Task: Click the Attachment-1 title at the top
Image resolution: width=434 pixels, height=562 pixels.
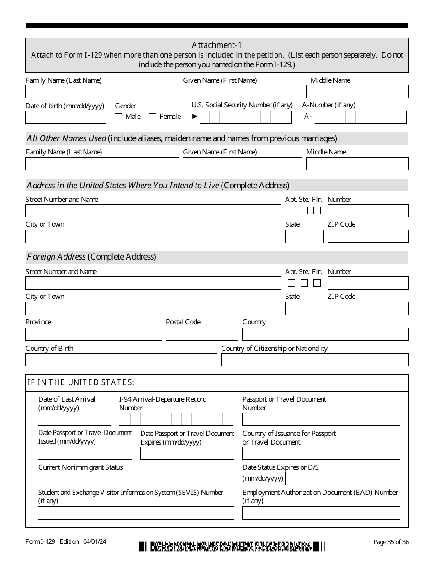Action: point(217,45)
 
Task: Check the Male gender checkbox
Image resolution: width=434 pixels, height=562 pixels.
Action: point(119,117)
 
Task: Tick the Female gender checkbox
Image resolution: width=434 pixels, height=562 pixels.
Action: point(153,117)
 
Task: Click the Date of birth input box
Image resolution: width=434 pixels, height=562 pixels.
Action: point(66,117)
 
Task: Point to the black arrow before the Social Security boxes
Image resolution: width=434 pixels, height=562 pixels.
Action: point(195,117)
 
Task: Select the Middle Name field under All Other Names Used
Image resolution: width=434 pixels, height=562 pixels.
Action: point(357,164)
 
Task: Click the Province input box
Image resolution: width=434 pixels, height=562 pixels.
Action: point(94,334)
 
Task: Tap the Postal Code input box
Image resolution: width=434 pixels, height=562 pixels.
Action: point(202,334)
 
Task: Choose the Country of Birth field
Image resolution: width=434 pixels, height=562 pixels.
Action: point(121,360)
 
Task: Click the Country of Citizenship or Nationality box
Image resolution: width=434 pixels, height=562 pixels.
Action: point(315,360)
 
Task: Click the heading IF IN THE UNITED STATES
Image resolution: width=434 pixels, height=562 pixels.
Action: point(81,383)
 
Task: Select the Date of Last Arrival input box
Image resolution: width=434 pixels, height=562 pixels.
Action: point(74,419)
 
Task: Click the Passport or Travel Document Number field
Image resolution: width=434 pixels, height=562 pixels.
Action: point(321,419)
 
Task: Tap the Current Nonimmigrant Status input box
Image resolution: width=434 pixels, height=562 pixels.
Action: point(136,479)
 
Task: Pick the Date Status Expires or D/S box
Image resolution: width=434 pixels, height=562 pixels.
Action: point(332,479)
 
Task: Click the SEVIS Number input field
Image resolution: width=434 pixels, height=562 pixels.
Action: point(136,513)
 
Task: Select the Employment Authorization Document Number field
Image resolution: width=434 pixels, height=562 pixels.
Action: point(321,513)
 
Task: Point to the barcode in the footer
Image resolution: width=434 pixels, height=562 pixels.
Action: point(232,546)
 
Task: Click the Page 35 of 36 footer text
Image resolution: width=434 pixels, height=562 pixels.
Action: point(391,542)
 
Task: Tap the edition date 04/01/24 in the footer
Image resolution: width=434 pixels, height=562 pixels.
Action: point(95,542)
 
